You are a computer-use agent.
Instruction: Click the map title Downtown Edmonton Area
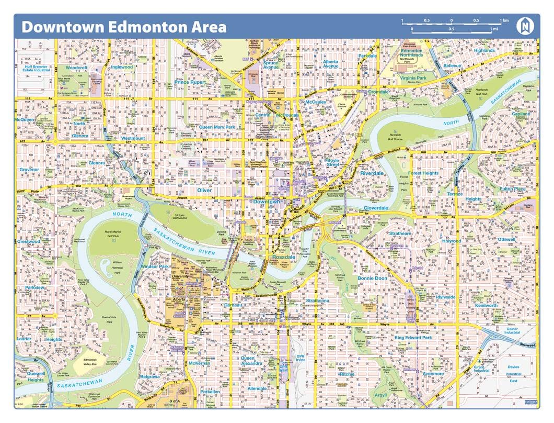click(x=124, y=27)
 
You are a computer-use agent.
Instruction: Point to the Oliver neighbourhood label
click(x=204, y=191)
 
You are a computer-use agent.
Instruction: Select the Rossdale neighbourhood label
click(x=284, y=257)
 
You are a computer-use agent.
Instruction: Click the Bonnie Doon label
click(x=372, y=278)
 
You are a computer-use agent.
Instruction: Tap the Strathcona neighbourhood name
click(x=317, y=301)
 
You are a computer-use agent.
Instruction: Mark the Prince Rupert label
click(x=190, y=82)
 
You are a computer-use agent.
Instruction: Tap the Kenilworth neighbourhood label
click(x=486, y=305)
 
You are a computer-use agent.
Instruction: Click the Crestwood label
click(x=29, y=242)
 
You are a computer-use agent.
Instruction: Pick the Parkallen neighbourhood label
click(x=210, y=392)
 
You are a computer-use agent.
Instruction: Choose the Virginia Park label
click(x=413, y=78)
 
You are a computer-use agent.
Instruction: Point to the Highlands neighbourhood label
click(x=484, y=51)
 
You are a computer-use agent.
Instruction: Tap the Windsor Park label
click(x=155, y=267)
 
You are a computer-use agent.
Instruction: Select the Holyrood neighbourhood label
click(x=452, y=241)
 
